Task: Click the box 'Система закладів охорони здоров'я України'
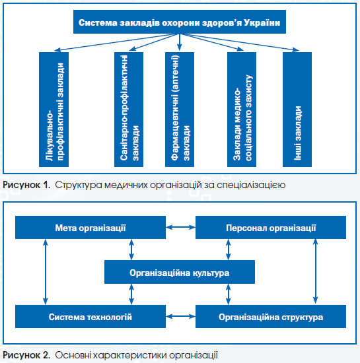tap(180, 22)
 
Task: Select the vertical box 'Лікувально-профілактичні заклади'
tap(54, 110)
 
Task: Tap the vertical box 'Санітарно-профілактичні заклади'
tap(129, 110)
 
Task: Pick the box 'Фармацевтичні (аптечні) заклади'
tap(180, 110)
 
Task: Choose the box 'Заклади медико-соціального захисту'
tap(242, 110)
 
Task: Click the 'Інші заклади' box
tap(297, 110)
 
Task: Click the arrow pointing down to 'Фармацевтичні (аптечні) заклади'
tap(179, 42)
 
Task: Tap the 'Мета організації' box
tap(90, 227)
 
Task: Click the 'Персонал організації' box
tap(271, 227)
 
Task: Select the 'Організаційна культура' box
tap(180, 272)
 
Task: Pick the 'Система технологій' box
tap(90, 316)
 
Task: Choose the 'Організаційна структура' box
tap(271, 316)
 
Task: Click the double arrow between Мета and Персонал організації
tap(181, 227)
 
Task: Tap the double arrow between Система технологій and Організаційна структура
tap(181, 316)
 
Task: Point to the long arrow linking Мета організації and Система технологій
tap(46, 272)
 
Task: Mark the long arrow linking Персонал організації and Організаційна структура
tap(315, 271)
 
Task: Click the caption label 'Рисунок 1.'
tap(26, 185)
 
